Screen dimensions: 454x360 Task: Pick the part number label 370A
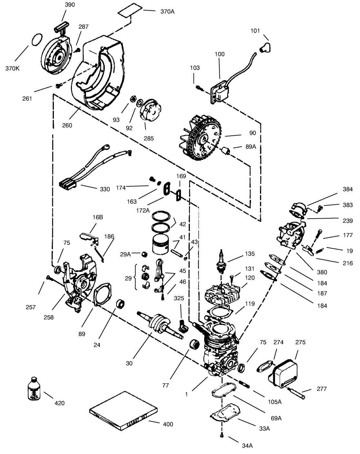pos(167,12)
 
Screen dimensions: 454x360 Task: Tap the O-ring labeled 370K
pos(36,40)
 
